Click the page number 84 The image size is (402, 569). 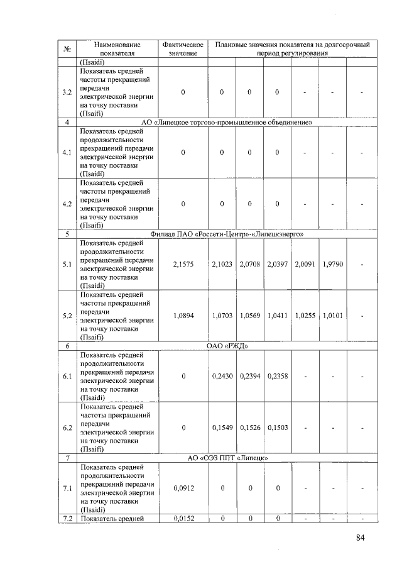360,537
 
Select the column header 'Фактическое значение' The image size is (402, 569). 183,49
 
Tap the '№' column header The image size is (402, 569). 67,49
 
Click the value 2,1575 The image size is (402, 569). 183,264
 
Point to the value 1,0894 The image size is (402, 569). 183,315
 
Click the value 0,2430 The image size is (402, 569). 222,376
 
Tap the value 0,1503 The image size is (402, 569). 277,427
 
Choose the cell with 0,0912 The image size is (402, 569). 183,488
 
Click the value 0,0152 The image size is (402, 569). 183,518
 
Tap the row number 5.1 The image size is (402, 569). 67,264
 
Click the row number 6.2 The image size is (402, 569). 67,428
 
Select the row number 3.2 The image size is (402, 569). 67,92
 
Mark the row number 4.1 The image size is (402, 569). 67,152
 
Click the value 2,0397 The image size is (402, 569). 277,264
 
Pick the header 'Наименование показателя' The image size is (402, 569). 117,49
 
